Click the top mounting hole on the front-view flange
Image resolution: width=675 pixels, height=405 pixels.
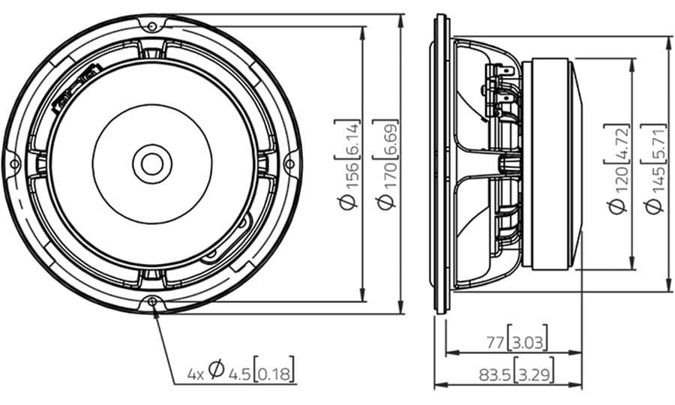point(152,26)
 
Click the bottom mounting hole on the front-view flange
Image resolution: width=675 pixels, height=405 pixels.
point(152,301)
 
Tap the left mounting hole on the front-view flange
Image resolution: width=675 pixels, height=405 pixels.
point(14,164)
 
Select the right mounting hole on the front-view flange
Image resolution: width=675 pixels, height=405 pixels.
point(289,164)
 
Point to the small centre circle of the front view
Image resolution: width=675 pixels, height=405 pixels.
point(152,164)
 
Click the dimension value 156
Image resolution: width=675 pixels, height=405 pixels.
point(350,177)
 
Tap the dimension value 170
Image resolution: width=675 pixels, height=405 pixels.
point(388,177)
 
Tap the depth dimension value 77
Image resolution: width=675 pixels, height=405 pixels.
point(495,343)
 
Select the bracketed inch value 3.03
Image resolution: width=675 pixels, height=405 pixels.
point(528,343)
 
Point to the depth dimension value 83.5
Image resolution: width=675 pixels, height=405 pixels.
point(495,375)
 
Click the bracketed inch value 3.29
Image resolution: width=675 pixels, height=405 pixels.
point(534,375)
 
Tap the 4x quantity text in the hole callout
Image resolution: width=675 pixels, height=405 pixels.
point(196,374)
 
